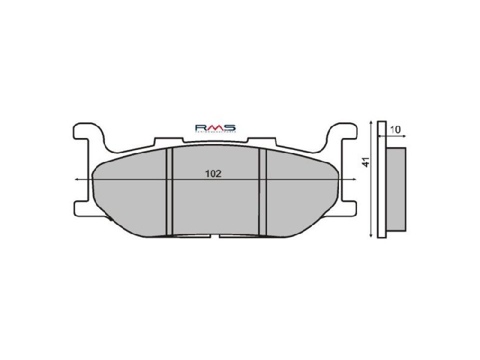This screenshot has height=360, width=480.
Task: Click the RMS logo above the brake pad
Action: click(215, 129)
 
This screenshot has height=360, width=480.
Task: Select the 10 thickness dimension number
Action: click(395, 129)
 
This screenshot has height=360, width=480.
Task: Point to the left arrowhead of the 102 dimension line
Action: click(75, 179)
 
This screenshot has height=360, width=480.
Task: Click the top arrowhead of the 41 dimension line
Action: click(369, 123)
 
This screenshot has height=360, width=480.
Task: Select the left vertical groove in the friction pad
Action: click(169, 191)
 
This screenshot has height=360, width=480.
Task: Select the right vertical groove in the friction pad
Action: click(262, 191)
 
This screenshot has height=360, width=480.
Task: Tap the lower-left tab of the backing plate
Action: click(81, 207)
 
